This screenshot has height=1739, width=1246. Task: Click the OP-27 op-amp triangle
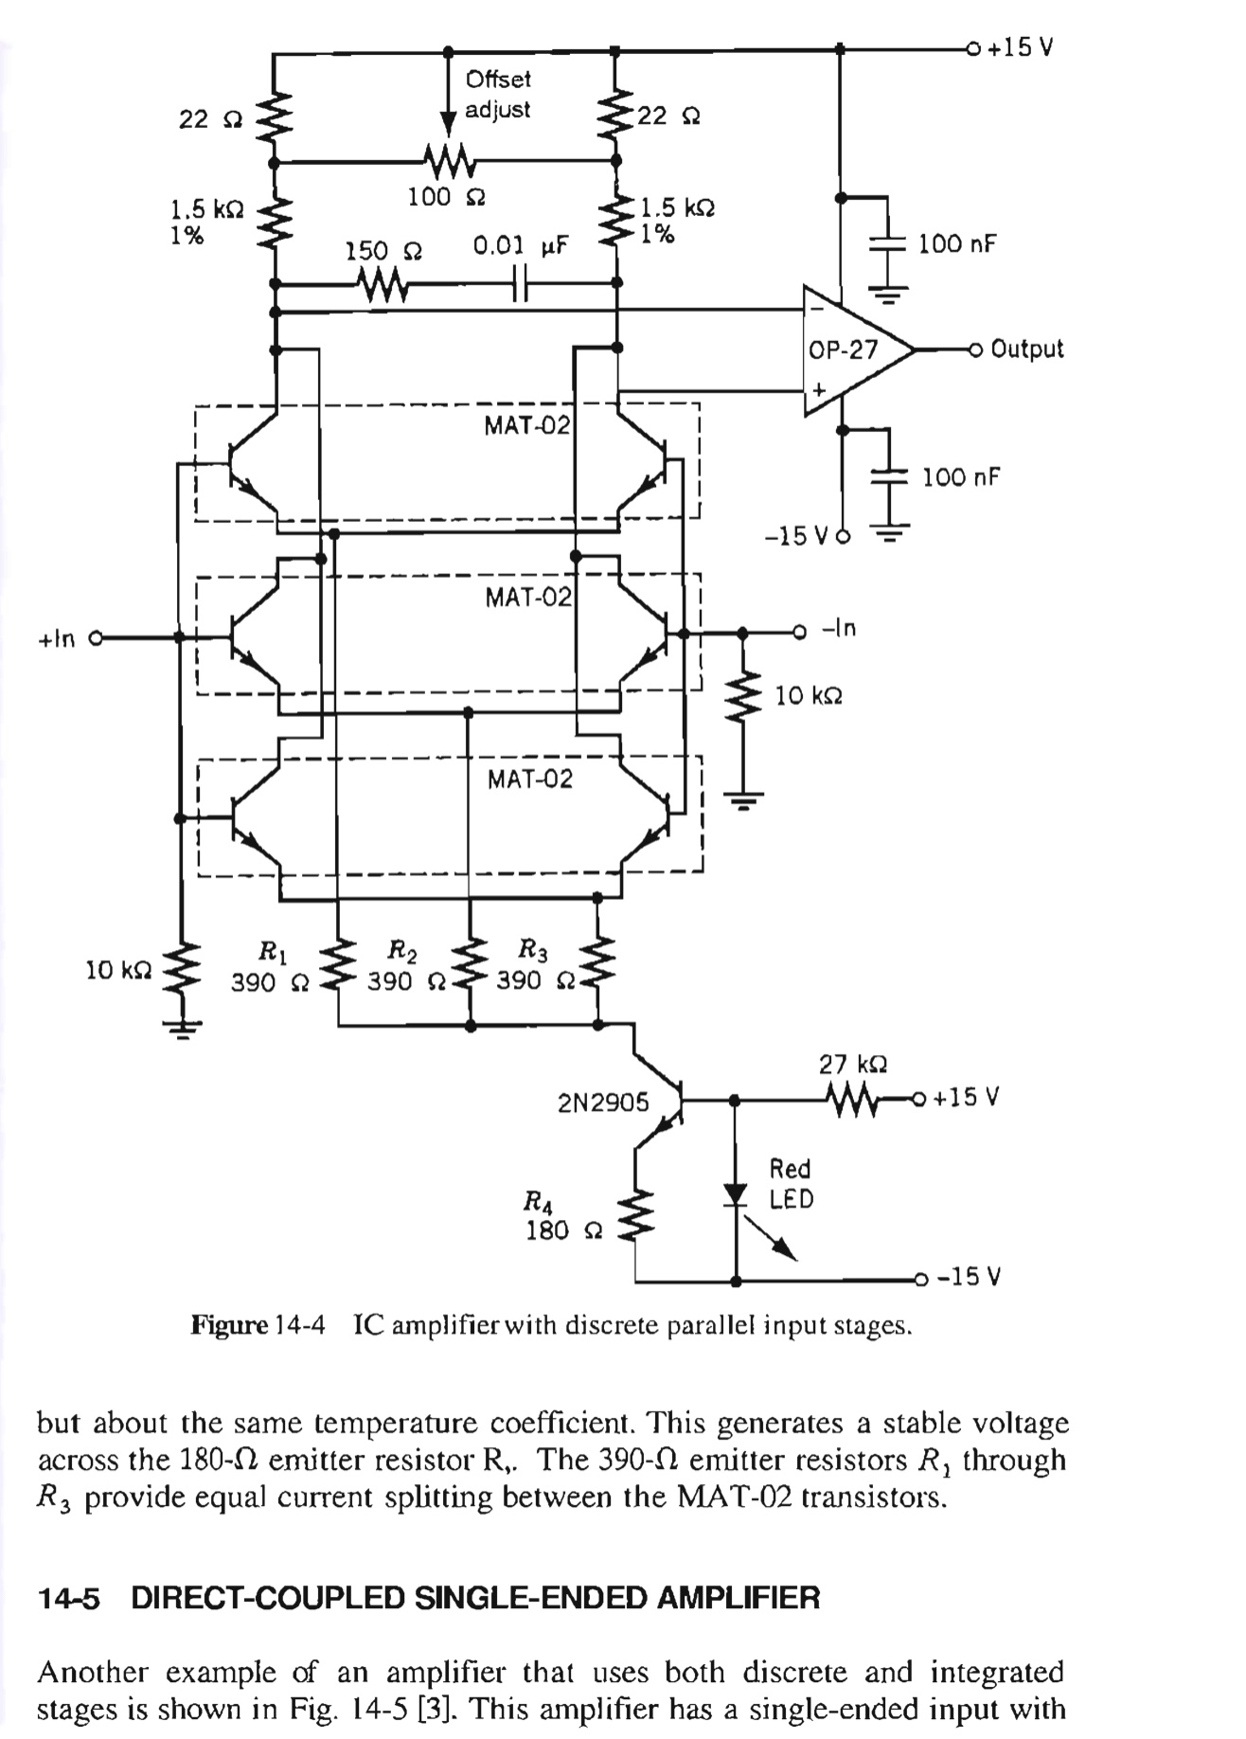click(x=857, y=350)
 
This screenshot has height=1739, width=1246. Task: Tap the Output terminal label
click(x=1027, y=349)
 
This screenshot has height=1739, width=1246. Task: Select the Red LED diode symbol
click(x=736, y=1194)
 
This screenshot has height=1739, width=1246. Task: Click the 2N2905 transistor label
click(x=603, y=1103)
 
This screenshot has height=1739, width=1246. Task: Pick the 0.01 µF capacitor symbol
click(x=519, y=282)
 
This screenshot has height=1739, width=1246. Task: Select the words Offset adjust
click(x=498, y=94)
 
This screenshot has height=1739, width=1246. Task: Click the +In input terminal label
click(x=56, y=638)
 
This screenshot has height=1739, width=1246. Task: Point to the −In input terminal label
click(x=839, y=628)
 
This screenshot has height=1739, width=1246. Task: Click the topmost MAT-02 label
click(x=527, y=425)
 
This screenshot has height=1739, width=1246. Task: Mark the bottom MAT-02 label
click(x=530, y=779)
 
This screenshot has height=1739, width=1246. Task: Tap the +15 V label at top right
click(x=1021, y=47)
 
